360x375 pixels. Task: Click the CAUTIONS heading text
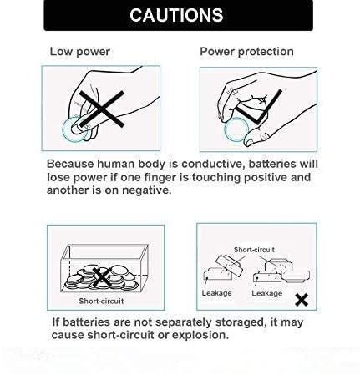tap(176, 15)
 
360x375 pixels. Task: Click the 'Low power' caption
tap(80, 52)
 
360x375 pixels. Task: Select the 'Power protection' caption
tap(246, 52)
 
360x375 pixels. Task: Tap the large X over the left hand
tap(102, 109)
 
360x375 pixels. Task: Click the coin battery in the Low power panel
tap(74, 130)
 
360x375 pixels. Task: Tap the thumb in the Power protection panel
tap(256, 138)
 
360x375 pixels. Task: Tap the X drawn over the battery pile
tap(102, 277)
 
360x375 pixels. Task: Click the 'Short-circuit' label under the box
tap(101, 301)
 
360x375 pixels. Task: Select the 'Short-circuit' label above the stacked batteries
tap(254, 250)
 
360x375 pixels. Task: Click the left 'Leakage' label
tap(217, 293)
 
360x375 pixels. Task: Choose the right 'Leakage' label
tap(267, 293)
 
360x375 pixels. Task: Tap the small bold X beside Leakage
tap(302, 300)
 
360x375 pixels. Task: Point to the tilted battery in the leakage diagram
tap(229, 266)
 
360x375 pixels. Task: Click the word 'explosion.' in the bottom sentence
tap(200, 335)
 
